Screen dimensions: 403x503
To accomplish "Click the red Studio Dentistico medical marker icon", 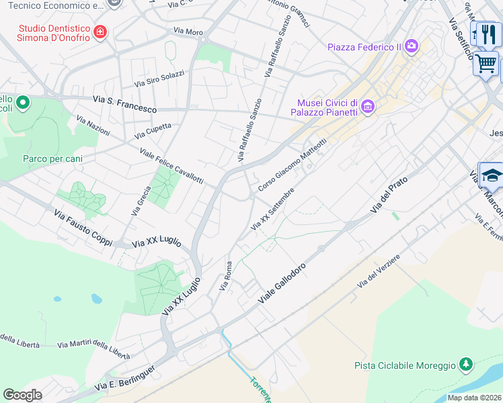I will point(101,32).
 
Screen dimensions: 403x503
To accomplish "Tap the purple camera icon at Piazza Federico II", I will point(411,46).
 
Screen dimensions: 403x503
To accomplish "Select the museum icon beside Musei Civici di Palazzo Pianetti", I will point(367,106).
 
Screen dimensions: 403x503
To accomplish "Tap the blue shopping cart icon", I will point(486,63).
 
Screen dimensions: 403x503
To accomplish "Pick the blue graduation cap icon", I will point(492,175).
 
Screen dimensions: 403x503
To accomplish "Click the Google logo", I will point(22,395).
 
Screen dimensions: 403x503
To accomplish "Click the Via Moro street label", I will point(188,31).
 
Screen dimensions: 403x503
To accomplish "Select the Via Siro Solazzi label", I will point(159,79).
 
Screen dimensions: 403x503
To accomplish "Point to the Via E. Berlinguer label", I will point(125,378).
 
